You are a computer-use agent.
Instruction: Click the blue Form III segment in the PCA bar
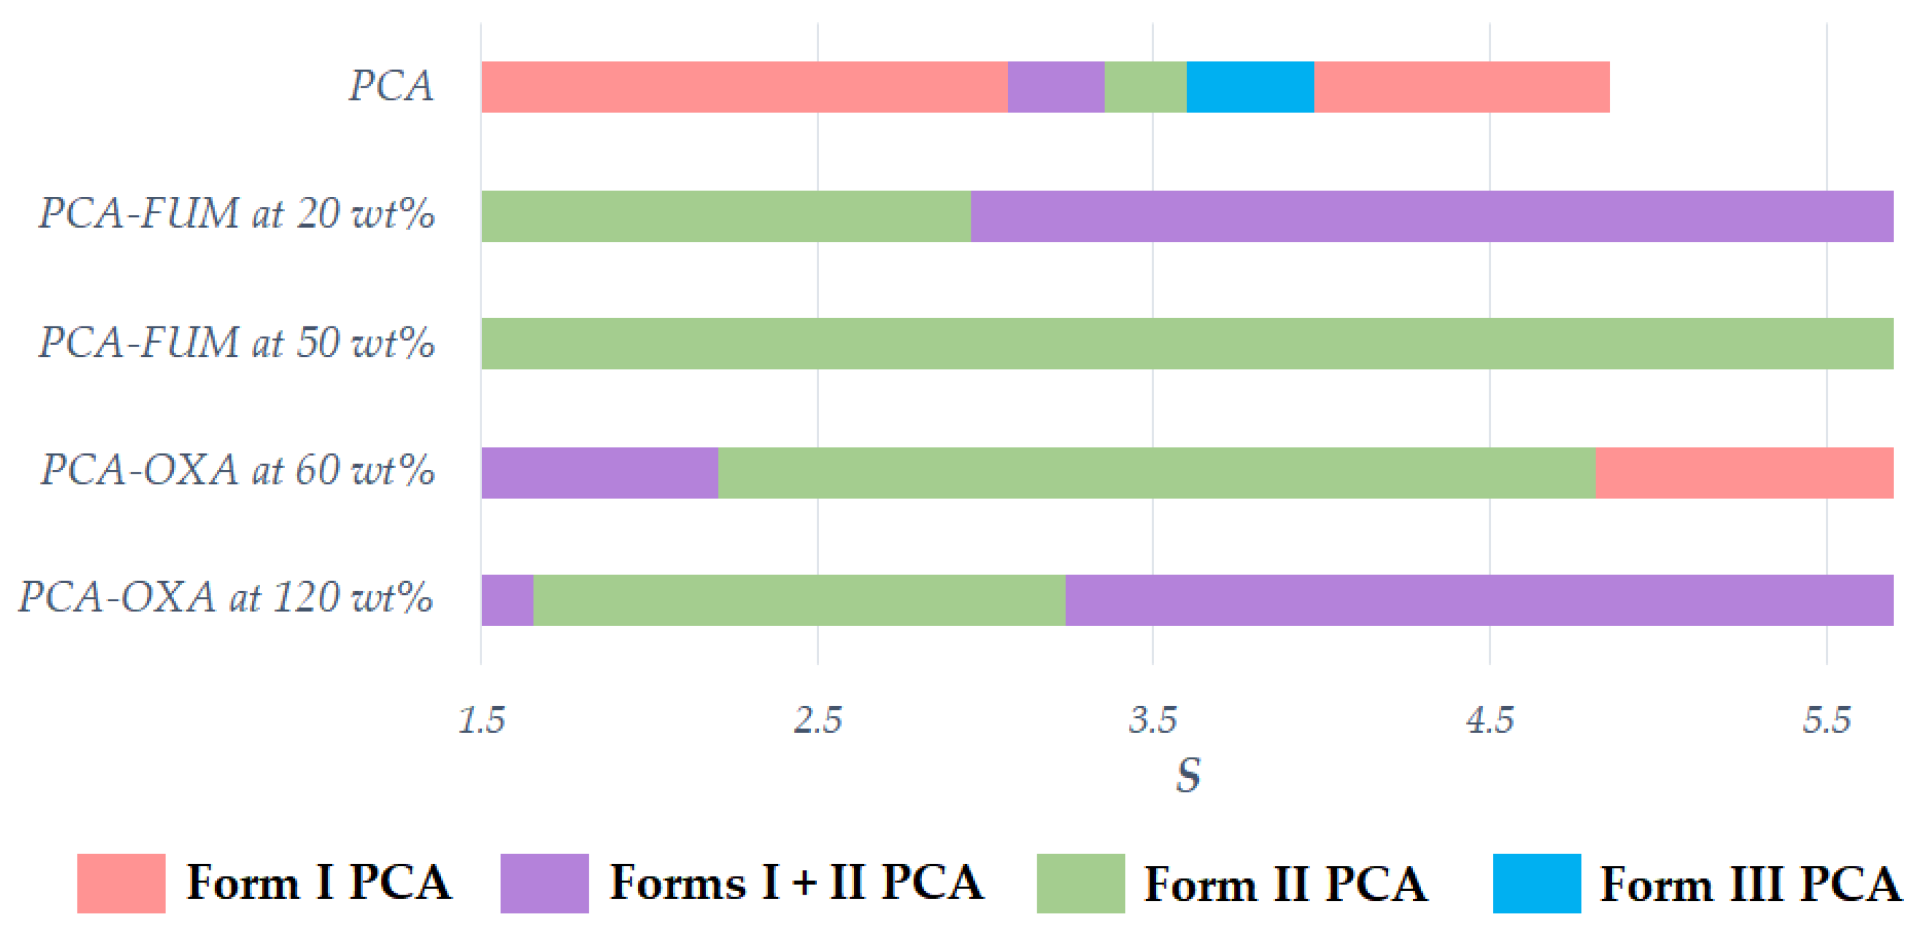pyautogui.click(x=1250, y=88)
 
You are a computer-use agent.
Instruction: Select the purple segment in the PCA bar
pyautogui.click(x=1056, y=88)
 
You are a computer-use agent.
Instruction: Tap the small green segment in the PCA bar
pyautogui.click(x=1145, y=88)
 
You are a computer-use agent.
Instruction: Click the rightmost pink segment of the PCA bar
pyautogui.click(x=1461, y=88)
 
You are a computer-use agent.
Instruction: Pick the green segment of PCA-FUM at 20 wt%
pyautogui.click(x=726, y=216)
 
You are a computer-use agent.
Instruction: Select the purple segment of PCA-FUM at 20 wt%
pyautogui.click(x=1431, y=216)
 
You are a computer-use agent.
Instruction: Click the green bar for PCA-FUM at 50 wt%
pyautogui.click(x=1187, y=344)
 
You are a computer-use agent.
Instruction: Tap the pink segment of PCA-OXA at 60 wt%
pyautogui.click(x=1744, y=473)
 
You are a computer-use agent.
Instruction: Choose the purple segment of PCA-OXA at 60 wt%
pyautogui.click(x=600, y=473)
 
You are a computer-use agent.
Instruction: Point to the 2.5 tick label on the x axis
pyautogui.click(x=817, y=720)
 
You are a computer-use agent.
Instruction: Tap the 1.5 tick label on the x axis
pyautogui.click(x=482, y=720)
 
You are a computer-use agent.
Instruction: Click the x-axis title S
pyautogui.click(x=1188, y=775)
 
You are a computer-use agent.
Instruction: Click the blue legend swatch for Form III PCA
pyautogui.click(x=1537, y=883)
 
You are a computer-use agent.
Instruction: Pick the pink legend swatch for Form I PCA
pyautogui.click(x=121, y=883)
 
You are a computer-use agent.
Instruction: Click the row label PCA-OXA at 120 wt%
pyautogui.click(x=225, y=597)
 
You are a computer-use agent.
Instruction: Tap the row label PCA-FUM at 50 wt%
pyautogui.click(x=237, y=343)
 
